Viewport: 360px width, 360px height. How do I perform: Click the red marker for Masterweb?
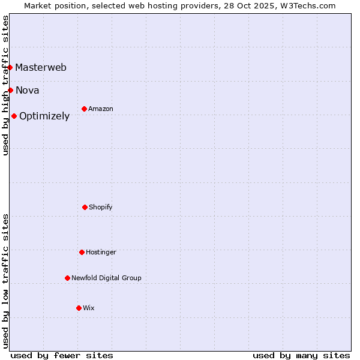pos(10,67)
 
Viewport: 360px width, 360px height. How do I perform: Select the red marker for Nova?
pos(10,90)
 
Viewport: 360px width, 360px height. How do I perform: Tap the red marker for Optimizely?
pos(14,116)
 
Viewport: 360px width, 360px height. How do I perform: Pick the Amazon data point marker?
pos(84,109)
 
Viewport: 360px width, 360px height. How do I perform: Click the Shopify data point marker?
pos(85,207)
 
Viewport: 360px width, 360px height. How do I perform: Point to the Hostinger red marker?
pos(82,252)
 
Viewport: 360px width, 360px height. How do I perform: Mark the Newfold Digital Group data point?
pos(67,278)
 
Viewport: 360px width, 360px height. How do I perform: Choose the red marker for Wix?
pos(79,308)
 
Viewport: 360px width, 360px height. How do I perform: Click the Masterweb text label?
pos(41,67)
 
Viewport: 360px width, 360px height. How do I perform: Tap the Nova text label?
pos(28,90)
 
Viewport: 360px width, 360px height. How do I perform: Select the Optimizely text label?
pos(44,116)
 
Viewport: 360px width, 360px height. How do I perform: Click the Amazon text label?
pos(101,109)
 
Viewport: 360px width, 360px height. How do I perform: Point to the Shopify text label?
pos(101,207)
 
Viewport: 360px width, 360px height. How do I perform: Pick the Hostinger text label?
pos(101,252)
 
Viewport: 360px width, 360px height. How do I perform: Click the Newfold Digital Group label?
pos(106,278)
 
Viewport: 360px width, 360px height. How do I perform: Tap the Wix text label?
pos(89,308)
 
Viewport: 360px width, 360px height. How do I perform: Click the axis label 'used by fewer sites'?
pos(62,355)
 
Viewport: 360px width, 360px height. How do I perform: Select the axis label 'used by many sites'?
pos(301,355)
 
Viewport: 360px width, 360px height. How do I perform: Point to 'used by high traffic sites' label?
pos(5,85)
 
